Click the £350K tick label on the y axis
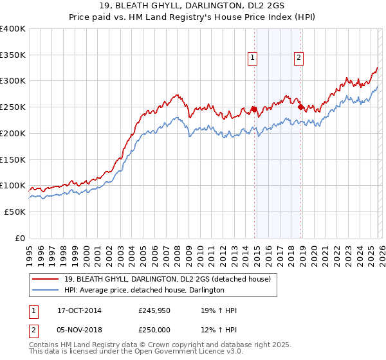13,55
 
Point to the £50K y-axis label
15,212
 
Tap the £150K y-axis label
13,159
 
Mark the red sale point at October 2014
254,109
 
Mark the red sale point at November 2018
300,107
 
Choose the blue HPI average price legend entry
144,291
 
